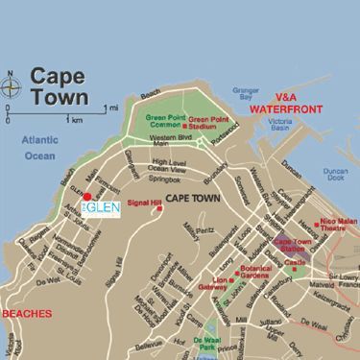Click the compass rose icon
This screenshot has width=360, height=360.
tap(12, 86)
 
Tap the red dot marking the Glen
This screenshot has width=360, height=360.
tap(85, 196)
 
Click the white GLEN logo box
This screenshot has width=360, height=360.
tap(99, 209)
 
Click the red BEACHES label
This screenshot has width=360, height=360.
tap(24, 313)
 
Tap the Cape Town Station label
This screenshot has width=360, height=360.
tap(294, 246)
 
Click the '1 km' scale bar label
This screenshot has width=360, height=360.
tap(73, 120)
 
